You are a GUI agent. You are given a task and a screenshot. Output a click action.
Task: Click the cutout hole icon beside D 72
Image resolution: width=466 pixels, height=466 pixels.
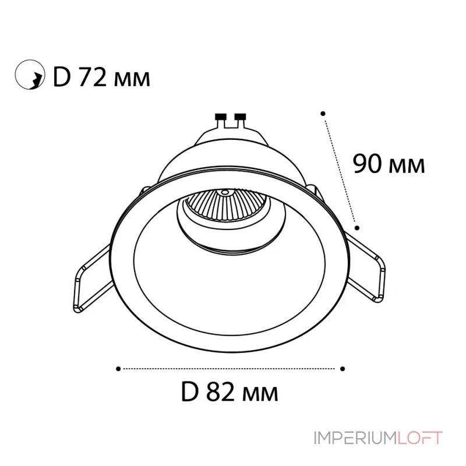30,75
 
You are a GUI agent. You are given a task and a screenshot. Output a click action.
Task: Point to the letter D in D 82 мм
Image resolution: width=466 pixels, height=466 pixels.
189,392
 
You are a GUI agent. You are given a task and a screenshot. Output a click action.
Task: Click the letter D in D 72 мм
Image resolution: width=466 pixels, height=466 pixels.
62,78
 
